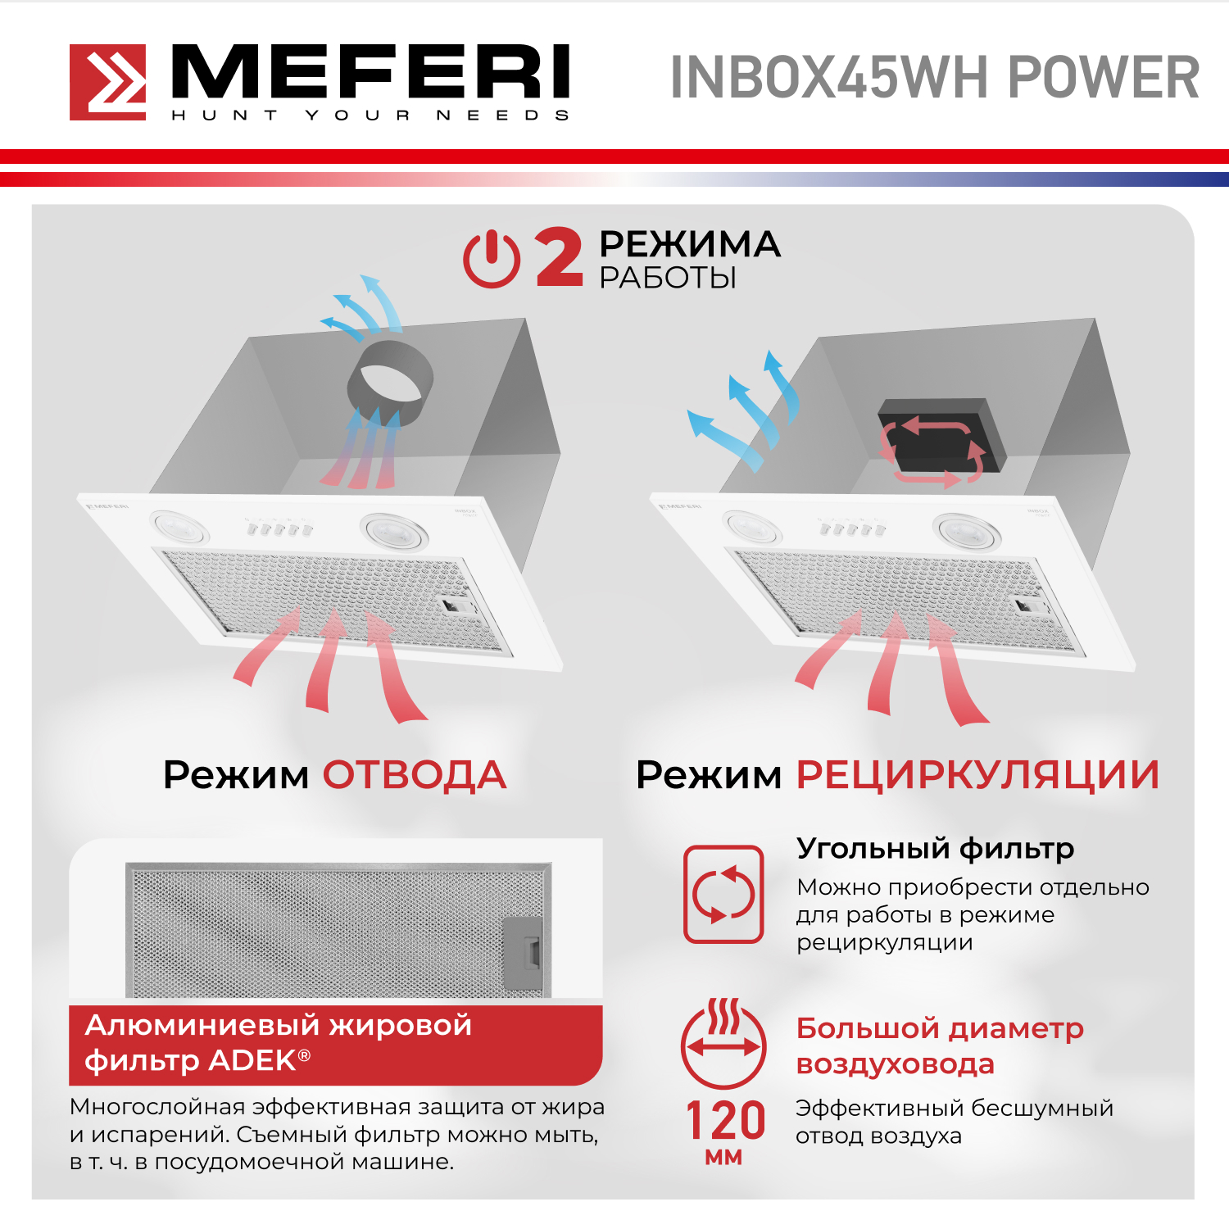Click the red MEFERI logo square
(107, 82)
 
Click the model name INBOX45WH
(829, 78)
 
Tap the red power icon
(492, 259)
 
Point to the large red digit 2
(560, 257)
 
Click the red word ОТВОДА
(415, 775)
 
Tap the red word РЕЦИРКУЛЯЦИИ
(978, 775)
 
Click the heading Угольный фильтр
(935, 849)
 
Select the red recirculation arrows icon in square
(724, 894)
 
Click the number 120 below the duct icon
(725, 1120)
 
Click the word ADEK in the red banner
(252, 1060)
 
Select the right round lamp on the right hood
(968, 530)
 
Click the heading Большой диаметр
(940, 1028)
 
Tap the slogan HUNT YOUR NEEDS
(370, 116)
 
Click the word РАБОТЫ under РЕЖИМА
(668, 279)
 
